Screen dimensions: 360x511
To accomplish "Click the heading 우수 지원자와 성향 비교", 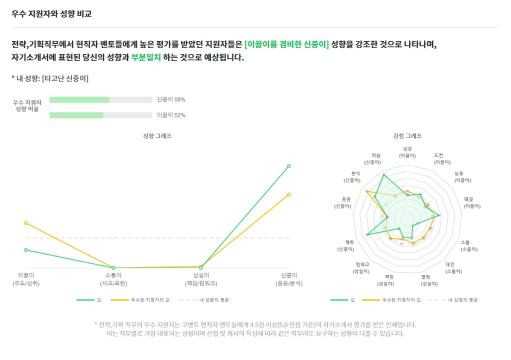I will pyautogui.click(x=51, y=14).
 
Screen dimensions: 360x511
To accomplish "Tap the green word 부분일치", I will pyautogui.click(x=146, y=57).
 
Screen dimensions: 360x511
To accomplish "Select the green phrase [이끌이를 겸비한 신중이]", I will pyautogui.click(x=286, y=44).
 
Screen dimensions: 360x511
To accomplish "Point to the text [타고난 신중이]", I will pyautogui.click(x=65, y=78).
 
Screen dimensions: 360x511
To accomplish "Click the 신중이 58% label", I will pyautogui.click(x=171, y=99).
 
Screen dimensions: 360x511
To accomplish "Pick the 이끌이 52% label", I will pyautogui.click(x=171, y=115).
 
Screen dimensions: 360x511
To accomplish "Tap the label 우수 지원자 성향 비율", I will pyautogui.click(x=27, y=105).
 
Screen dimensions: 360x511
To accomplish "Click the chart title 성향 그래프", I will pyautogui.click(x=157, y=135).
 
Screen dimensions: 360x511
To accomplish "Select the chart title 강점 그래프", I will pyautogui.click(x=407, y=135).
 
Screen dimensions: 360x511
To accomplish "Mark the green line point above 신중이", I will pyautogui.click(x=288, y=166).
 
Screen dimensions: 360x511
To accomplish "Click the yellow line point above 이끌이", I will pyautogui.click(x=25, y=223).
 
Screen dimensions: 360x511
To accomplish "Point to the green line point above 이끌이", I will pyautogui.click(x=25, y=250).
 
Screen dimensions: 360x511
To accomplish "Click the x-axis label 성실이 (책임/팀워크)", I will pyautogui.click(x=200, y=279).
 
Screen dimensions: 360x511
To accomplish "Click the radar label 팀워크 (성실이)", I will pyautogui.click(x=362, y=267).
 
